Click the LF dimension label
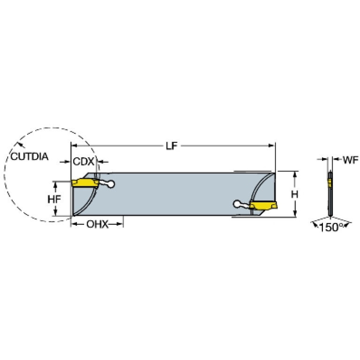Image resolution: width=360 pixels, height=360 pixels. click(172, 146)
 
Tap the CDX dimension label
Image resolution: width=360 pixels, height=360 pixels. click(84, 161)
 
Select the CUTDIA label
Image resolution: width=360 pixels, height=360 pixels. click(30, 157)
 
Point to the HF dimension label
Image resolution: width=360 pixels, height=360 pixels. click(54, 199)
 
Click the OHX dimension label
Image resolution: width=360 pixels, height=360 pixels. click(97, 224)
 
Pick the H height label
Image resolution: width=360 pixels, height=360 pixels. click(295, 194)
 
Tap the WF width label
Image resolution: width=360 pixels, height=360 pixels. click(351, 160)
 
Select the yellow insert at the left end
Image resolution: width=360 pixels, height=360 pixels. click(85, 183)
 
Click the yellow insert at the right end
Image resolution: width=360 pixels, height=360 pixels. click(264, 205)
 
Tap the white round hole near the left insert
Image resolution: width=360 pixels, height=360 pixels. click(111, 184)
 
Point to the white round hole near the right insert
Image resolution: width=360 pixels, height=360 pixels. click(237, 204)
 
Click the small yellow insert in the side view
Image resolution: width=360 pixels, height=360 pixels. click(329, 183)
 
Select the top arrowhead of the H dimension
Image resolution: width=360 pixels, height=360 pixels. click(295, 174)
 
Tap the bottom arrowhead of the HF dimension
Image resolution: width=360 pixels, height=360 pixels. click(55, 213)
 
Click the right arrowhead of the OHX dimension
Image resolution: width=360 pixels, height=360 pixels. click(120, 224)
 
